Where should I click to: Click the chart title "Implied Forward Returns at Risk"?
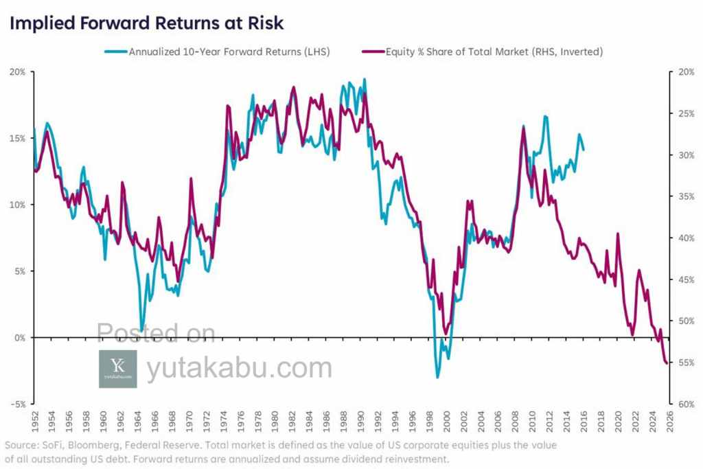146,23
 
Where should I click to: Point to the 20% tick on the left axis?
17,71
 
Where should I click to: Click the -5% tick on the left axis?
17,404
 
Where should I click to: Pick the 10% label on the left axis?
17,205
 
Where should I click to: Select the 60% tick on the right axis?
685,404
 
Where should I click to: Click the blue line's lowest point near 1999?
437,377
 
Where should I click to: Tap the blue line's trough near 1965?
142,330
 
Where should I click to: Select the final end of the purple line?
667,363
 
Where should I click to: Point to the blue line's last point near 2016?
584,150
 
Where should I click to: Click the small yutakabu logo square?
117,369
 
